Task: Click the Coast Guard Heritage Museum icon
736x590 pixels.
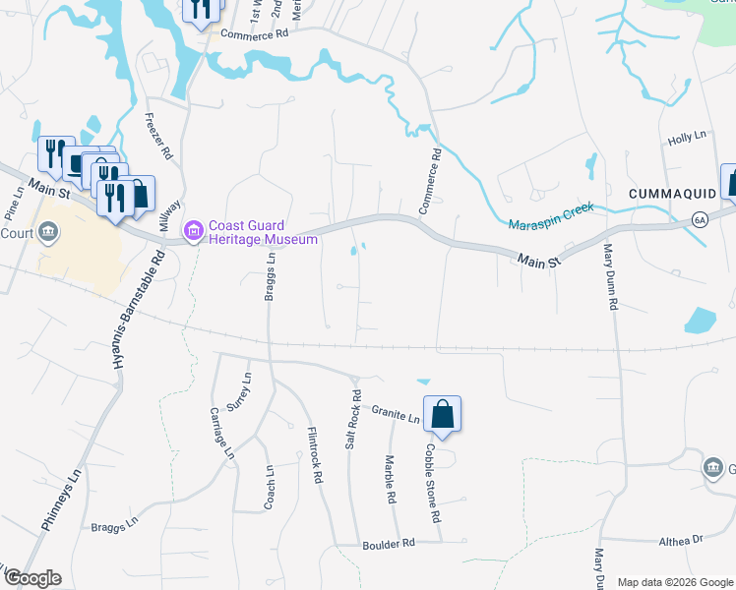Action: point(194,232)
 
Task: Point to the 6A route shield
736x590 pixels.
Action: point(699,218)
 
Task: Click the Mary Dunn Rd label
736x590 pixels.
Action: point(610,278)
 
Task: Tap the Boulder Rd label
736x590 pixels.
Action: point(389,543)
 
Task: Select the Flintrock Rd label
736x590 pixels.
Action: point(315,454)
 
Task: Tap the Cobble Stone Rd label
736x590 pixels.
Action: point(432,482)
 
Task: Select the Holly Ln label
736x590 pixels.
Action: point(689,141)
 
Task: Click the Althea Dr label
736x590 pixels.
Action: point(682,540)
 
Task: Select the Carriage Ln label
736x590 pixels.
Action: point(222,432)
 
